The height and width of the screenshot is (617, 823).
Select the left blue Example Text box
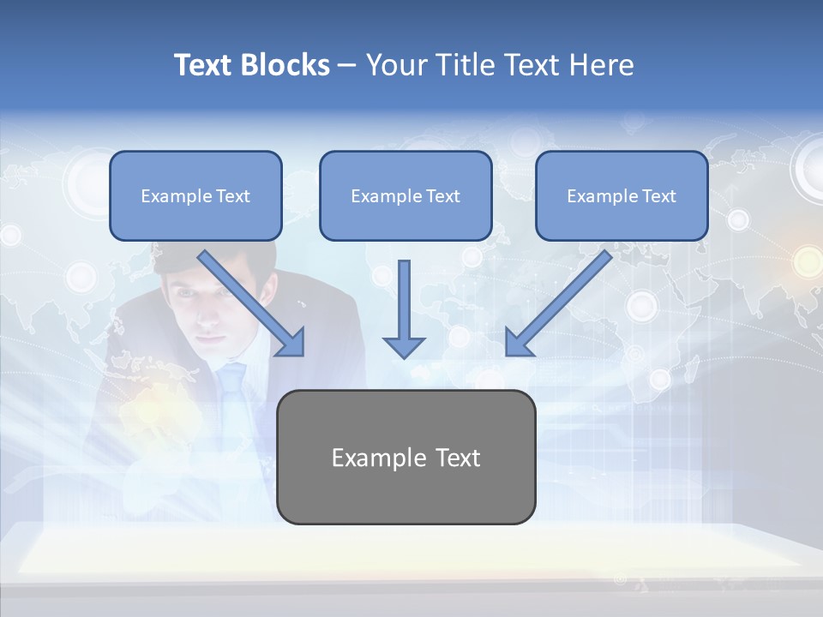click(x=195, y=195)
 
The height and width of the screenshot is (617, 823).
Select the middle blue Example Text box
click(x=405, y=195)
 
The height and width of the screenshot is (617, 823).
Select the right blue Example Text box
click(x=622, y=195)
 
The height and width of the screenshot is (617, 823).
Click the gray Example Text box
click(x=405, y=457)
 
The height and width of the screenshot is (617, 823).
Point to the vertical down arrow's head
click(x=404, y=346)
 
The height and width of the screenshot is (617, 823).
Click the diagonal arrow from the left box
click(x=253, y=304)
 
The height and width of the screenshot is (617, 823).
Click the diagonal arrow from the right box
click(x=557, y=304)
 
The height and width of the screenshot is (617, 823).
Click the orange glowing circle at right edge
click(x=807, y=260)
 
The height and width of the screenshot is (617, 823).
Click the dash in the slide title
click(x=347, y=65)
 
